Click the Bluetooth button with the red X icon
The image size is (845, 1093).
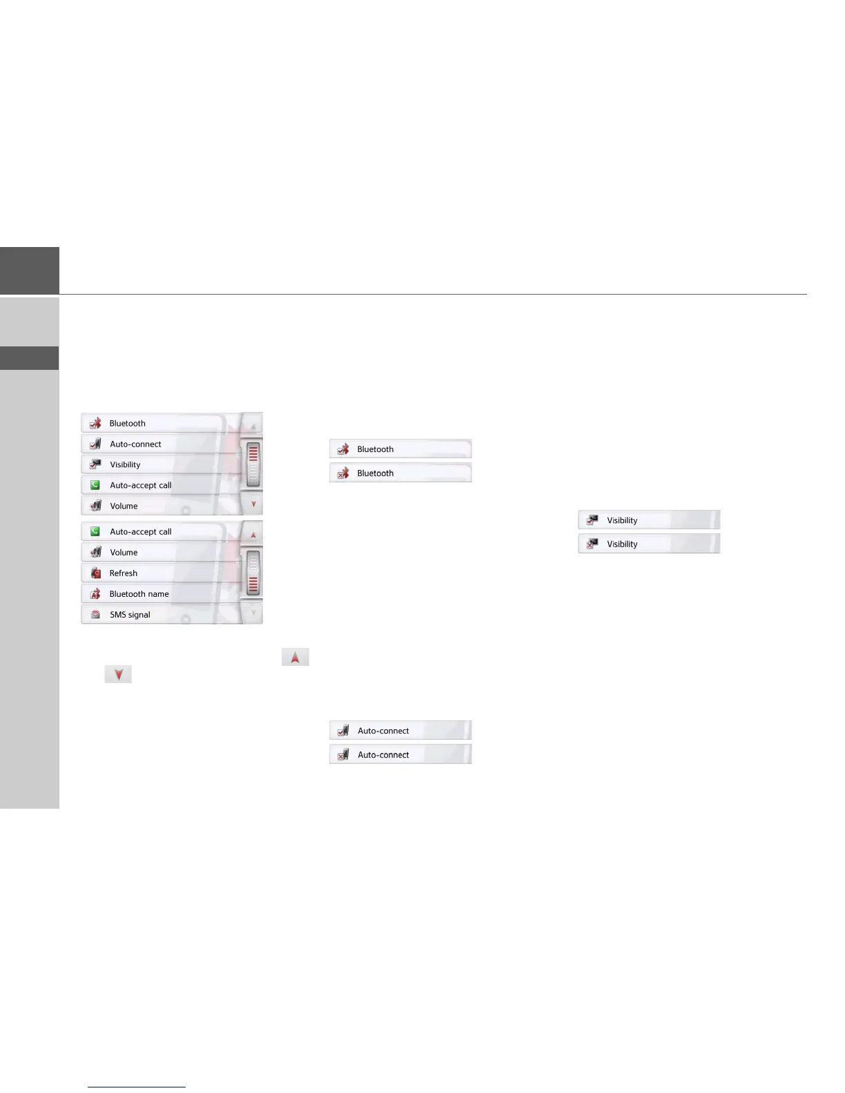tap(400, 473)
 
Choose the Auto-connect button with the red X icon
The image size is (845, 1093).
tap(400, 755)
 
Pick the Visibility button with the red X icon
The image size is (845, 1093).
tap(649, 544)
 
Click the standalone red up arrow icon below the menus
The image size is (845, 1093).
tap(295, 658)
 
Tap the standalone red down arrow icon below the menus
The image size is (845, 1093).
tap(118, 674)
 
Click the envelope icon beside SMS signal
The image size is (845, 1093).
tap(96, 615)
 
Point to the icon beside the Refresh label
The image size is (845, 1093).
tap(96, 573)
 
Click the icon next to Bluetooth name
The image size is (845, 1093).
tap(96, 594)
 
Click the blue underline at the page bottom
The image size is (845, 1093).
tap(137, 1087)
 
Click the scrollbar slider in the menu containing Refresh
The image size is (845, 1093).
tap(253, 573)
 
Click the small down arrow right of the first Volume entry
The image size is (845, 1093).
tap(253, 504)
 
